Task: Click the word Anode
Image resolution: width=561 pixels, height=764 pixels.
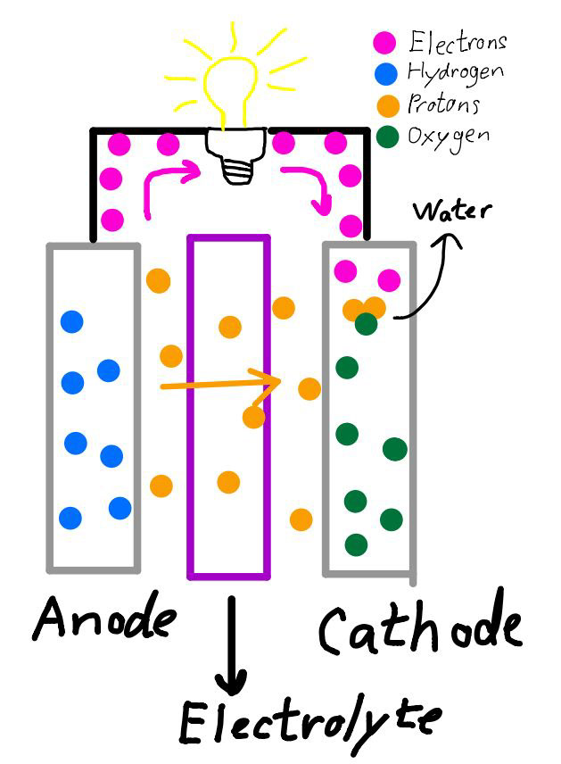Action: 104,622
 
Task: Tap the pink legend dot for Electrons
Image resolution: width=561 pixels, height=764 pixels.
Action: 384,41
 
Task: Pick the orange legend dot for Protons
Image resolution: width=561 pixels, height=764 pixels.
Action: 385,105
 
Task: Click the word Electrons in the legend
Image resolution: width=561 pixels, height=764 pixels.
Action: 458,42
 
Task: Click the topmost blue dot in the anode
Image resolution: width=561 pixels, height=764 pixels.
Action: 72,321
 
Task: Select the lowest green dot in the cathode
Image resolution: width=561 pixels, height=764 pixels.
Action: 357,544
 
